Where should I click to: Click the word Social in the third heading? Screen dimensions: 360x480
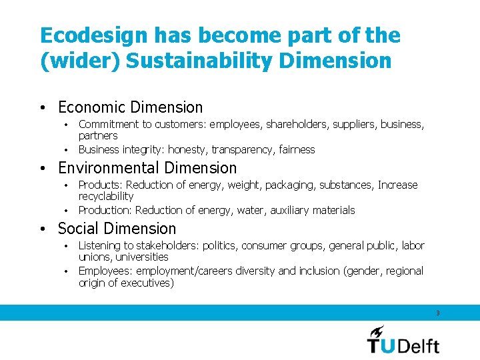pos(79,229)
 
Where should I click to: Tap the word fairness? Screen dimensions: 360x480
pos(297,149)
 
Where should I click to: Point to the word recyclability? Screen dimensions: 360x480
pos(106,197)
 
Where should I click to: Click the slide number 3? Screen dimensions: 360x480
pos(437,313)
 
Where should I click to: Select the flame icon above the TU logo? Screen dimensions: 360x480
pos(377,331)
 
